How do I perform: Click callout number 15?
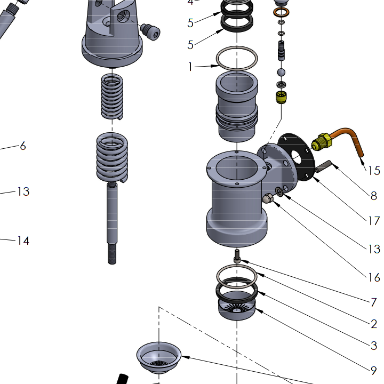374,171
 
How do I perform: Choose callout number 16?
374,277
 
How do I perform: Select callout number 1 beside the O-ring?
190,67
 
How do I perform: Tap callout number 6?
22,146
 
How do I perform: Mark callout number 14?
22,241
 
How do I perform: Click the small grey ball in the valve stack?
281,71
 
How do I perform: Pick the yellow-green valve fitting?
281,97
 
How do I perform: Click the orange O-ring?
281,12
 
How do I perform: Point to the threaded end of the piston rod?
112,253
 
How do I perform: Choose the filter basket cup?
158,355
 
